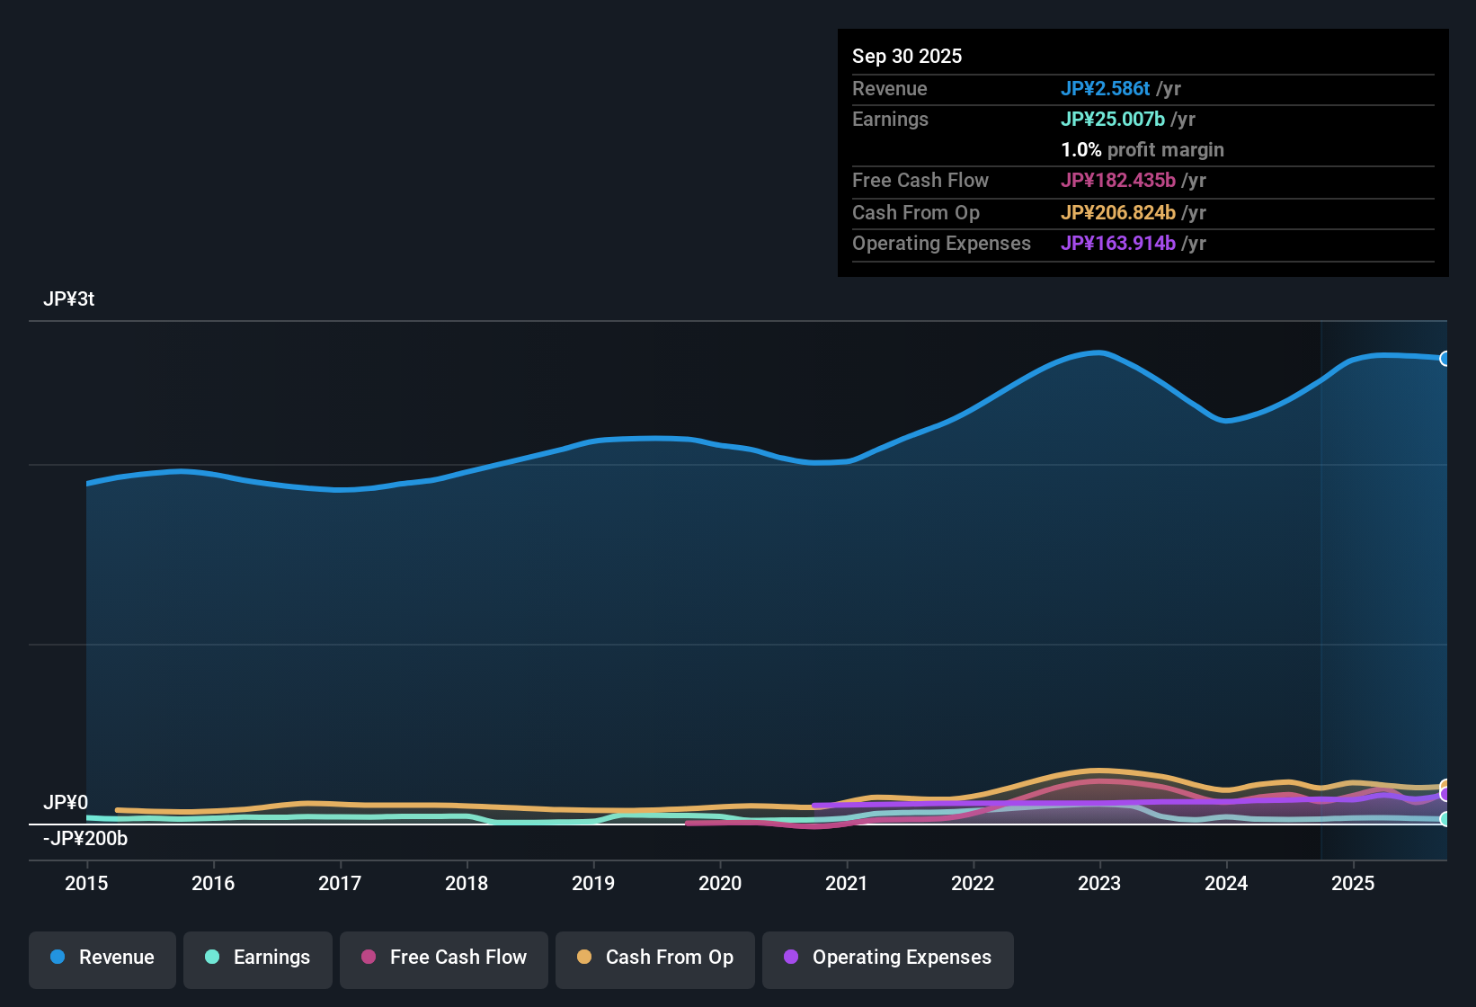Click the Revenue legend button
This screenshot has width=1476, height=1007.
[102, 958]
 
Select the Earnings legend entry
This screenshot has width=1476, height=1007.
[258, 958]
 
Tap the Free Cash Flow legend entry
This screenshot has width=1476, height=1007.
[444, 958]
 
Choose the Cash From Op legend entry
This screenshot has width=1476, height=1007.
[655, 958]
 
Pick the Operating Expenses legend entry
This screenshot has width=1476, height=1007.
[888, 958]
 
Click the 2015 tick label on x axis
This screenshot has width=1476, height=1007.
[86, 884]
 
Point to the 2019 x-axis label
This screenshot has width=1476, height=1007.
[593, 884]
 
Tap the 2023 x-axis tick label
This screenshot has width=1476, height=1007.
[1099, 884]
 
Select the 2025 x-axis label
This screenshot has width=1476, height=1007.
[1353, 884]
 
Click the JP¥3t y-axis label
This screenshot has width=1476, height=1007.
[69, 299]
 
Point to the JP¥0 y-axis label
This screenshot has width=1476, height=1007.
[66, 803]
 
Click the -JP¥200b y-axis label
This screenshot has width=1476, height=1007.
[85, 839]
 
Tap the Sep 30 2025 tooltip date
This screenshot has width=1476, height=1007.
[907, 57]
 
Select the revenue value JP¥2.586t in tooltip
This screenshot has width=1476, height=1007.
[1105, 89]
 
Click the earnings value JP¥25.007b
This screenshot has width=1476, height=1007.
[1112, 120]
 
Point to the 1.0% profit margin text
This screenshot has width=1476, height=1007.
[1143, 150]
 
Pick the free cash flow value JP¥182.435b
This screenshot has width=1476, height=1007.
[1117, 181]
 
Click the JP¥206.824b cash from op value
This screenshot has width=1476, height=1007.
[1117, 213]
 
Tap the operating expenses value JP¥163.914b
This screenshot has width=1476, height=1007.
[1117, 244]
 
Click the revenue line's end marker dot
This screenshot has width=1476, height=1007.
[1445, 359]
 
